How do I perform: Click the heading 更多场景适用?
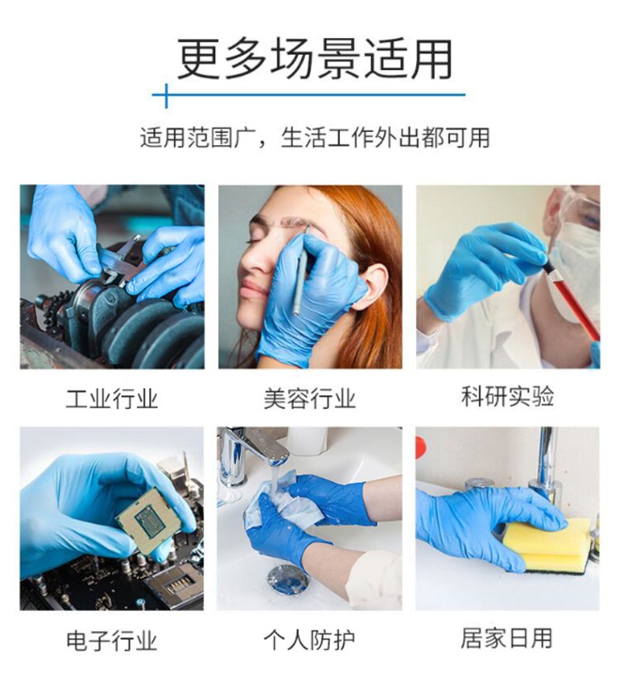pyautogui.click(x=314, y=59)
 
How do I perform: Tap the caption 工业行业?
pyautogui.click(x=112, y=399)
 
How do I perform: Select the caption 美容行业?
pyautogui.click(x=310, y=399)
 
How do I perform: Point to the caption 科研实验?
pyautogui.click(x=508, y=396)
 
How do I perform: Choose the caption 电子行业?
pyautogui.click(x=112, y=641)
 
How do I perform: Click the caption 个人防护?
pyautogui.click(x=310, y=640)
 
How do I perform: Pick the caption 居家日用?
pyautogui.click(x=507, y=638)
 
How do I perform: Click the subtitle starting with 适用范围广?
pyautogui.click(x=314, y=137)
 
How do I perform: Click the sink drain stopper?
pyautogui.click(x=288, y=579)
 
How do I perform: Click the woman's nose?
pyautogui.click(x=255, y=259)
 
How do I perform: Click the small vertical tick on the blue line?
pyautogui.click(x=166, y=96)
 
